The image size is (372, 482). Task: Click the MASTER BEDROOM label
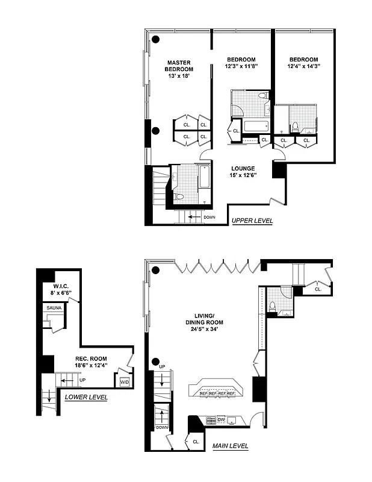[179, 66]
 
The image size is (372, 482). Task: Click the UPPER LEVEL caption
[252, 221]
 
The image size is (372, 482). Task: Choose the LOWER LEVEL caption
[86, 397]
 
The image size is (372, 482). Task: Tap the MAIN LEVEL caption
[230, 446]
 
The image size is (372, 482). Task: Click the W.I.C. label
[61, 286]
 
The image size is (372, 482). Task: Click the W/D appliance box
[125, 382]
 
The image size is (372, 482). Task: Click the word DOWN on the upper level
[209, 217]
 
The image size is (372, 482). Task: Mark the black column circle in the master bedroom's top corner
[156, 40]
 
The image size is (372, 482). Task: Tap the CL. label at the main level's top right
[317, 289]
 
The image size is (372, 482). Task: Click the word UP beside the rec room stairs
[82, 380]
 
